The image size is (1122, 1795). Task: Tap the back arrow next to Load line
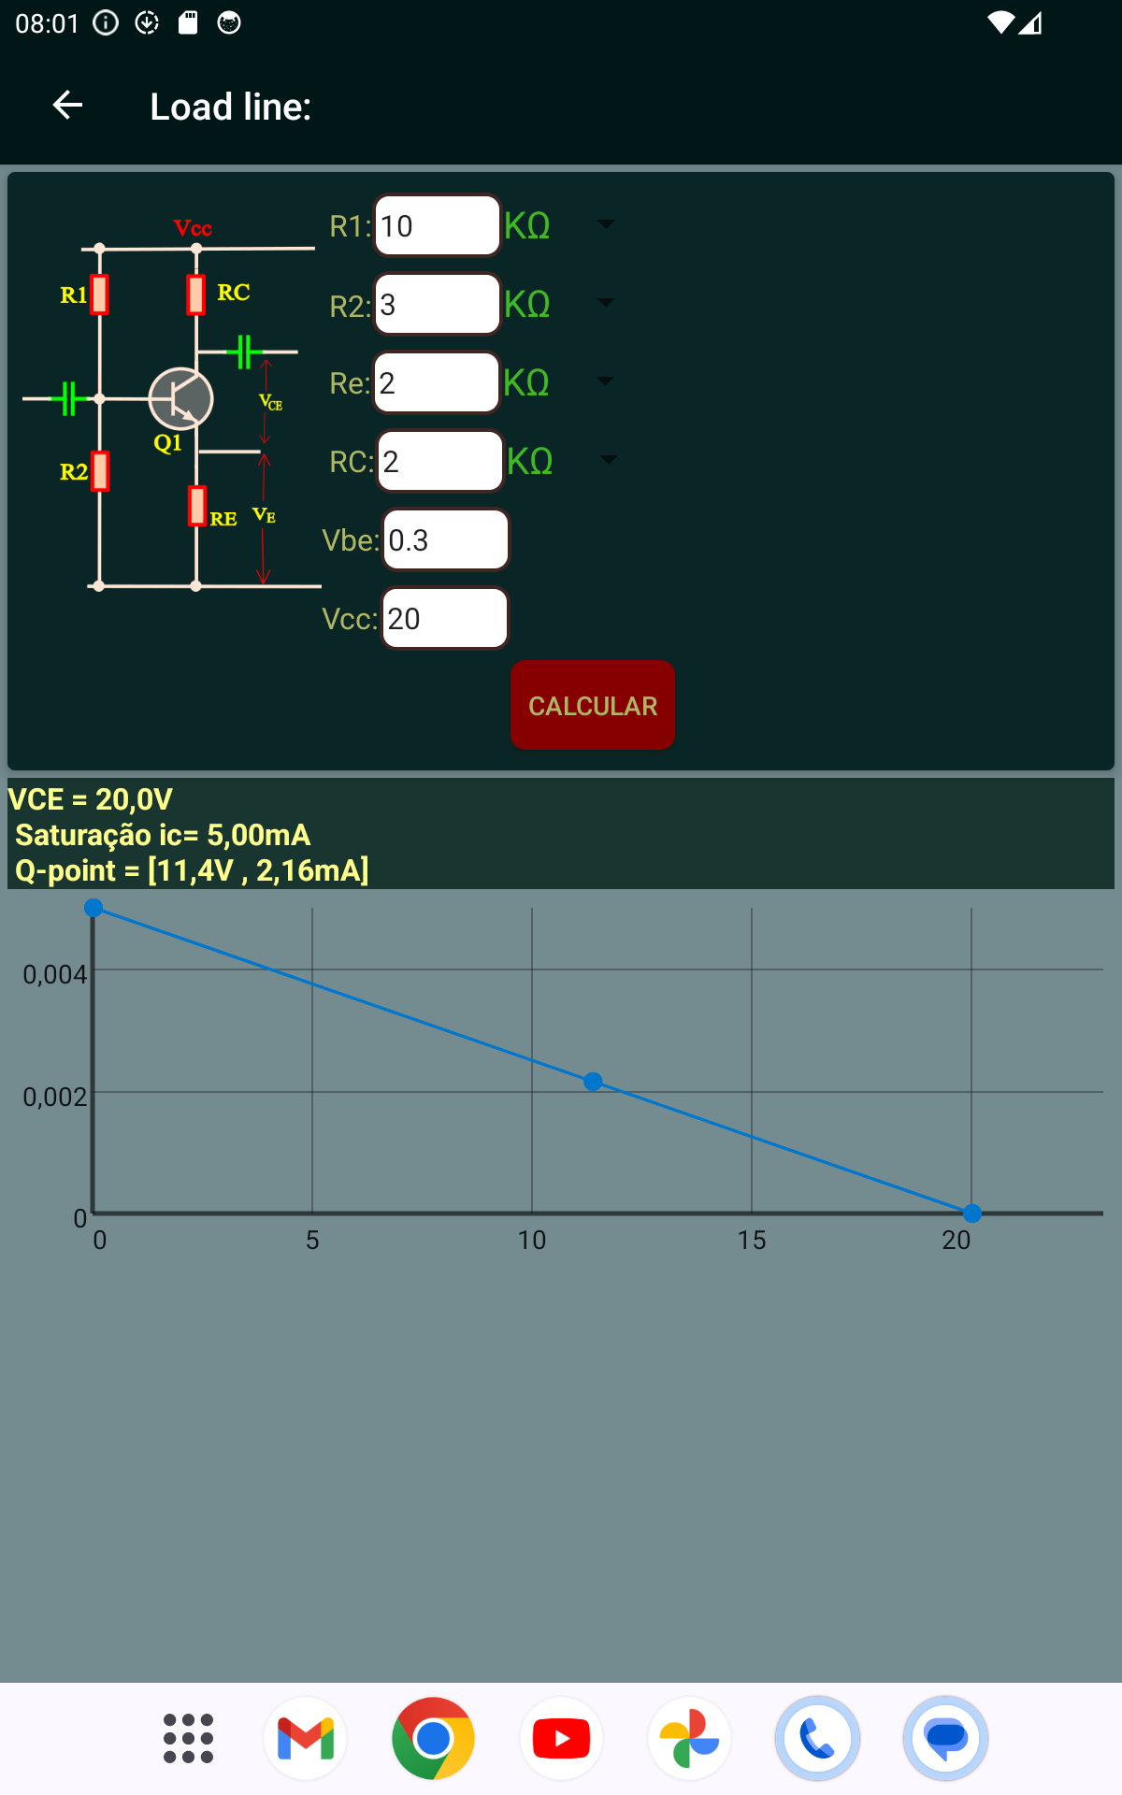pyautogui.click(x=67, y=105)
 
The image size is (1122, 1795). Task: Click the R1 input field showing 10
pyautogui.click(x=438, y=225)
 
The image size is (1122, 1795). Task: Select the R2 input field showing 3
pyautogui.click(x=438, y=304)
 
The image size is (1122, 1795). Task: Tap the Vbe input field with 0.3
pyautogui.click(x=445, y=539)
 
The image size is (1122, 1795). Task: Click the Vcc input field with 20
pyautogui.click(x=444, y=618)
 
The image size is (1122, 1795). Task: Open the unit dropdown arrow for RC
pyautogui.click(x=608, y=460)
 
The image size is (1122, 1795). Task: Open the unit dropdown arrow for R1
pyautogui.click(x=606, y=224)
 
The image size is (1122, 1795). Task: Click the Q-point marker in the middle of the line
pyautogui.click(x=593, y=1082)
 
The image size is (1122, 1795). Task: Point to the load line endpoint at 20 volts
pyautogui.click(x=971, y=1213)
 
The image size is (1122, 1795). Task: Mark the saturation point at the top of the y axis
pyautogui.click(x=93, y=908)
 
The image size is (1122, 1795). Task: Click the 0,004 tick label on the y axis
pyautogui.click(x=54, y=974)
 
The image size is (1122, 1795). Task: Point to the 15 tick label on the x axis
pyautogui.click(x=752, y=1240)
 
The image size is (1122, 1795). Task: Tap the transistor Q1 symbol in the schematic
pyautogui.click(x=180, y=399)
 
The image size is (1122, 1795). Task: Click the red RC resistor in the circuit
pyautogui.click(x=195, y=294)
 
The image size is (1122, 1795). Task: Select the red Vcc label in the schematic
pyautogui.click(x=193, y=228)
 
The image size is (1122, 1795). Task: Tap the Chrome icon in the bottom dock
pyautogui.click(x=433, y=1739)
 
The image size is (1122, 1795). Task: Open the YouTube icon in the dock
pyautogui.click(x=561, y=1739)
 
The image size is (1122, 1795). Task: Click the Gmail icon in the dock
pyautogui.click(x=306, y=1739)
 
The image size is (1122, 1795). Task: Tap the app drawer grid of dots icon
pyautogui.click(x=188, y=1739)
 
